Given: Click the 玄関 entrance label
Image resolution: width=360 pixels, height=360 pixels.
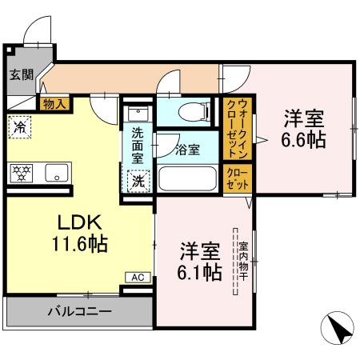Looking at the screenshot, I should pos(22,75).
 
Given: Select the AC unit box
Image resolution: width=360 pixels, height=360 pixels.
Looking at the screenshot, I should pos(137,277).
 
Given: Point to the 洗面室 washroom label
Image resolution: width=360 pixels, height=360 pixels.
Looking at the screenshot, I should pos(138,146).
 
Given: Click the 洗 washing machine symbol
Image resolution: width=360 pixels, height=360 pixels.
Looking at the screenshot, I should pos(138,181).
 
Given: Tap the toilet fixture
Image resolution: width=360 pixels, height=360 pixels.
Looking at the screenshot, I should pos(190,112).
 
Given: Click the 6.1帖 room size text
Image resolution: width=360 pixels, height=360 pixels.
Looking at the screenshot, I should pos(199,261).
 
